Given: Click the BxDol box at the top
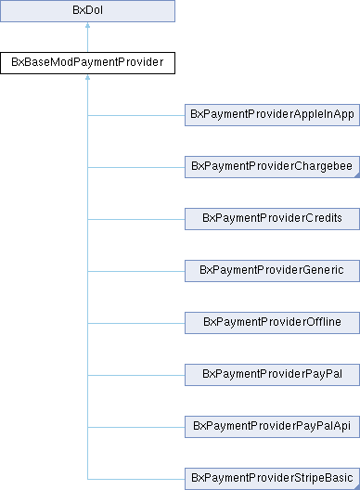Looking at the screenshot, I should (87, 12).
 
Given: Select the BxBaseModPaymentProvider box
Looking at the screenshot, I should (87, 64).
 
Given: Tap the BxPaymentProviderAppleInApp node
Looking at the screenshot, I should (272, 116).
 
